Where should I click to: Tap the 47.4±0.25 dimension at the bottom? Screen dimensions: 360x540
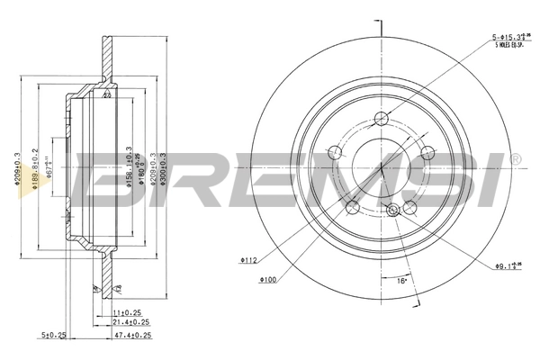click(x=132, y=334)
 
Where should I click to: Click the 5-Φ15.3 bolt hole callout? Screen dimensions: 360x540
click(x=507, y=38)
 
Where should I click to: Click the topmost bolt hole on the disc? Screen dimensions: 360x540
click(x=381, y=117)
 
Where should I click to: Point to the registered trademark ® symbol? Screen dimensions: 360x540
click(x=515, y=158)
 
